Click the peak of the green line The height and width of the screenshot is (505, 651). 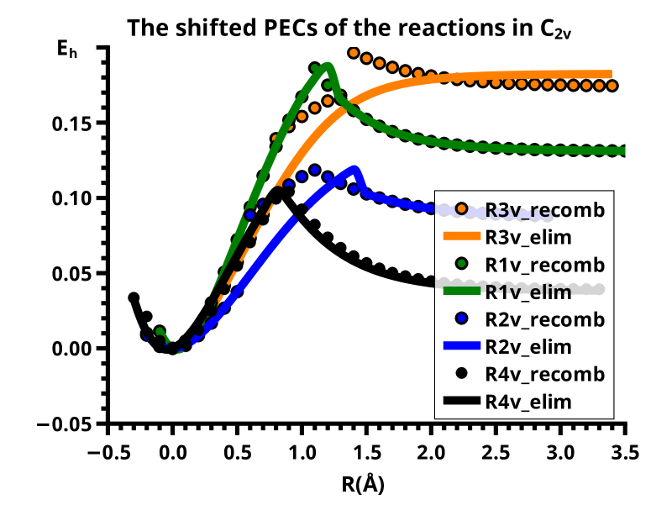[x=328, y=66]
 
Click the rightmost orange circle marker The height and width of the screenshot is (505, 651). [x=612, y=86]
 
